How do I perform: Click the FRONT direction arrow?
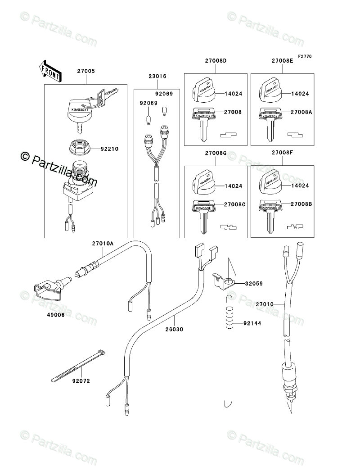(x=50, y=71)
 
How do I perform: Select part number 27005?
(x=86, y=72)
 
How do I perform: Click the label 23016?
(x=157, y=77)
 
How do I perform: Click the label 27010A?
(x=103, y=244)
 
